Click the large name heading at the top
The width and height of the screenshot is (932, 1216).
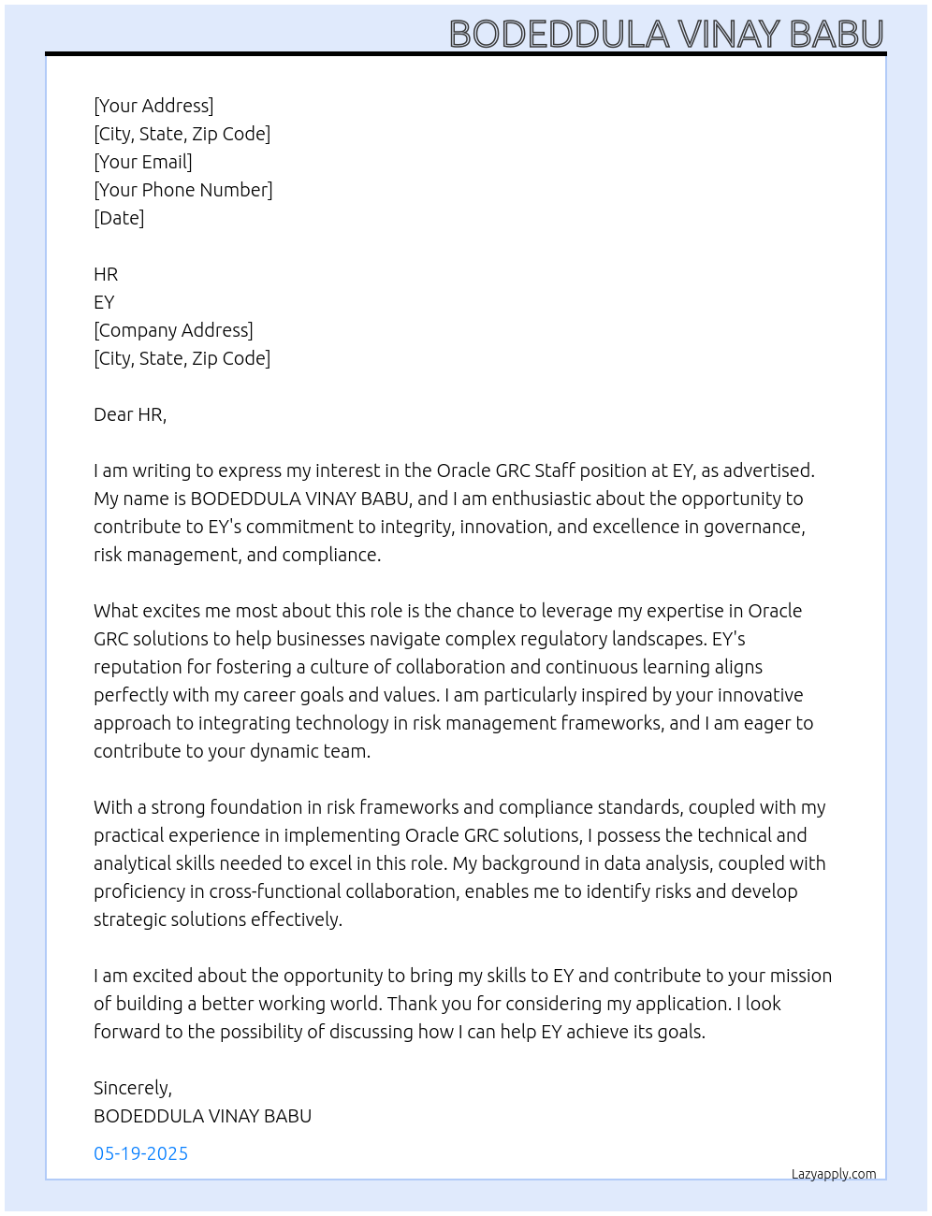point(666,35)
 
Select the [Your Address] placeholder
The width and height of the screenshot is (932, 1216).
point(153,106)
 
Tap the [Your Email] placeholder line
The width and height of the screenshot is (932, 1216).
point(143,162)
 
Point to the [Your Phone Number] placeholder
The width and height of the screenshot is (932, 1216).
point(183,190)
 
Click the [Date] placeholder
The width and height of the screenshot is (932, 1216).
point(119,218)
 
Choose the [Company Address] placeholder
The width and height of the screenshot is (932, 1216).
point(173,330)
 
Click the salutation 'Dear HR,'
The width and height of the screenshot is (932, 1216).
point(130,414)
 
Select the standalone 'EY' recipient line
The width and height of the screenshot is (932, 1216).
point(104,302)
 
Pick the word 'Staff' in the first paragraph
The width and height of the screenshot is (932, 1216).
point(555,470)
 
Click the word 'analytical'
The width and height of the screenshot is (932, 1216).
point(132,863)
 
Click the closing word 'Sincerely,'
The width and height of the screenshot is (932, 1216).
point(133,1088)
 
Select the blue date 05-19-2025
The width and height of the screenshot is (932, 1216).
point(141,1153)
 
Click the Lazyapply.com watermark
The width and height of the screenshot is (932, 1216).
point(834,1174)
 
